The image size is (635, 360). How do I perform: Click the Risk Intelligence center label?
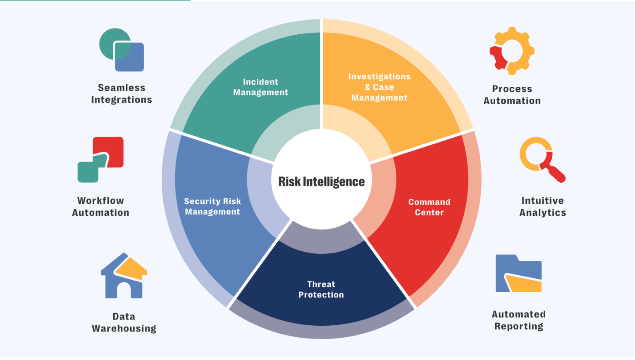[x=321, y=181]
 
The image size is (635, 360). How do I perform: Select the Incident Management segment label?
[x=260, y=87]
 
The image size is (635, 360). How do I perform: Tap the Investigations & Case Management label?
[x=379, y=87]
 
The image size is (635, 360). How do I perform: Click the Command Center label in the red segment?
[x=429, y=207]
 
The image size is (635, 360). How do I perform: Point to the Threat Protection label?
[x=321, y=289]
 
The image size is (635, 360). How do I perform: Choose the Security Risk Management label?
[x=212, y=206]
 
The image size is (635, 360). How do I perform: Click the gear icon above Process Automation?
[x=512, y=51]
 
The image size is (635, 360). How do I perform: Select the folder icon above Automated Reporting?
[x=518, y=274]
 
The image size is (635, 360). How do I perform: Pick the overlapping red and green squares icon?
[x=100, y=160]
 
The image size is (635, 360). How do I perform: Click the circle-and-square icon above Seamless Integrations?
[x=122, y=50]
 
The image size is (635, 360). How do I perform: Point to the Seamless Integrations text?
[x=122, y=94]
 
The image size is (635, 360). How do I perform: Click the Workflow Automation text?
[x=100, y=207]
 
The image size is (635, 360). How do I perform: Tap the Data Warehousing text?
[x=124, y=322]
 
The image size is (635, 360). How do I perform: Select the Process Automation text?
[x=512, y=95]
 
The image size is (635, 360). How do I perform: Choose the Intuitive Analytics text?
[x=542, y=207]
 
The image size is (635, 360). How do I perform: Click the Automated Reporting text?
[x=519, y=320]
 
